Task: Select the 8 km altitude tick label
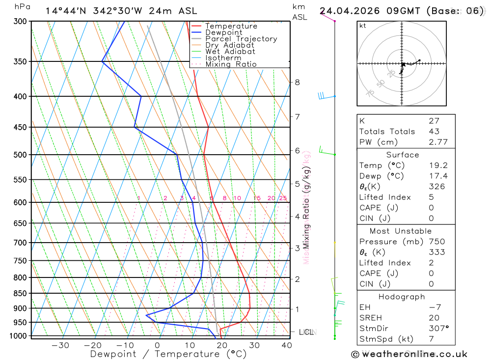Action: (297, 82)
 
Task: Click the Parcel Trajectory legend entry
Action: (241, 39)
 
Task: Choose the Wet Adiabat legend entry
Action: (230, 52)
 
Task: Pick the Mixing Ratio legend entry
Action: (231, 64)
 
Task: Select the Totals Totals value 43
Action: (434, 132)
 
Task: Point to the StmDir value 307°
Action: (438, 329)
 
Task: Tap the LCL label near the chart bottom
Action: (306, 332)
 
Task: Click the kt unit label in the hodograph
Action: (363, 26)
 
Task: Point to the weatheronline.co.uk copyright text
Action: (409, 354)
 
